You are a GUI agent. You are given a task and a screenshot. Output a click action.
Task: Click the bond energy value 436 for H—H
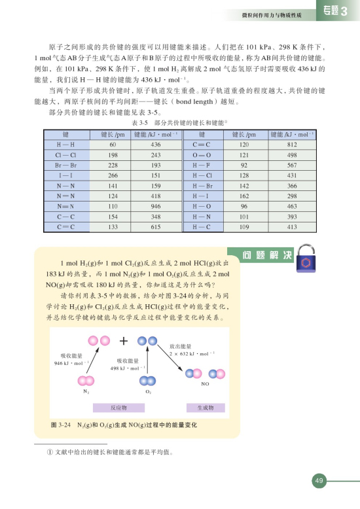point(155,144)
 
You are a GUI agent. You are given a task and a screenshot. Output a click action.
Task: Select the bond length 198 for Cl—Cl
point(113,154)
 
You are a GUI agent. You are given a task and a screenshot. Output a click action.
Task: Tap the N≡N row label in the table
point(65,206)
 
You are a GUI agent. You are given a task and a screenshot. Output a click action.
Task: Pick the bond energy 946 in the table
point(155,206)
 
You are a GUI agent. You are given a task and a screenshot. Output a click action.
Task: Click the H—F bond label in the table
point(202,165)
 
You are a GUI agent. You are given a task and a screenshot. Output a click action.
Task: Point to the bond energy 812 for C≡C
point(292,144)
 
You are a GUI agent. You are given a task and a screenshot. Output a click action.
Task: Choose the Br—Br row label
point(65,165)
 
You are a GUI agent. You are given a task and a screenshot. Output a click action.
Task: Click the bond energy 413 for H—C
point(292,227)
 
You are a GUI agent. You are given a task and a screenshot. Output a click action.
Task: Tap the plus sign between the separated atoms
point(123,341)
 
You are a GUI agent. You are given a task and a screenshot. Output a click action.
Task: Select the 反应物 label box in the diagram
point(118,408)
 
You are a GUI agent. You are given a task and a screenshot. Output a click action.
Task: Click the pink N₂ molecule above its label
point(86,381)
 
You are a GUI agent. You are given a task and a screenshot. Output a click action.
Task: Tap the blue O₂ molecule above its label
point(148,381)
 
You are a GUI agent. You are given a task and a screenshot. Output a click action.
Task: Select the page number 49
point(319,482)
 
